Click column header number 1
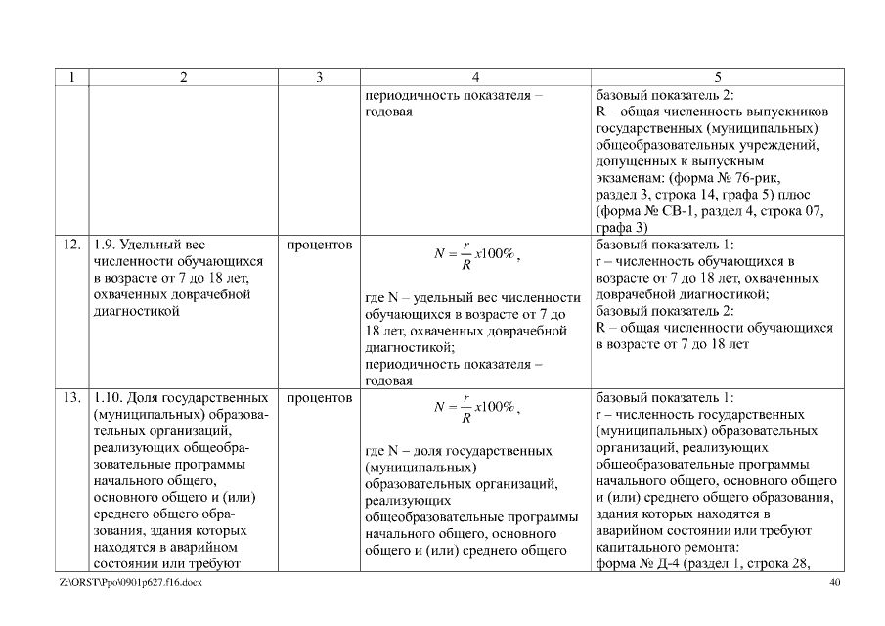[71, 77]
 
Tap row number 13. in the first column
[71, 398]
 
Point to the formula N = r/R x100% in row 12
[476, 255]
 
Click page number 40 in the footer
[834, 584]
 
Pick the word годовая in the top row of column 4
[388, 112]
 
